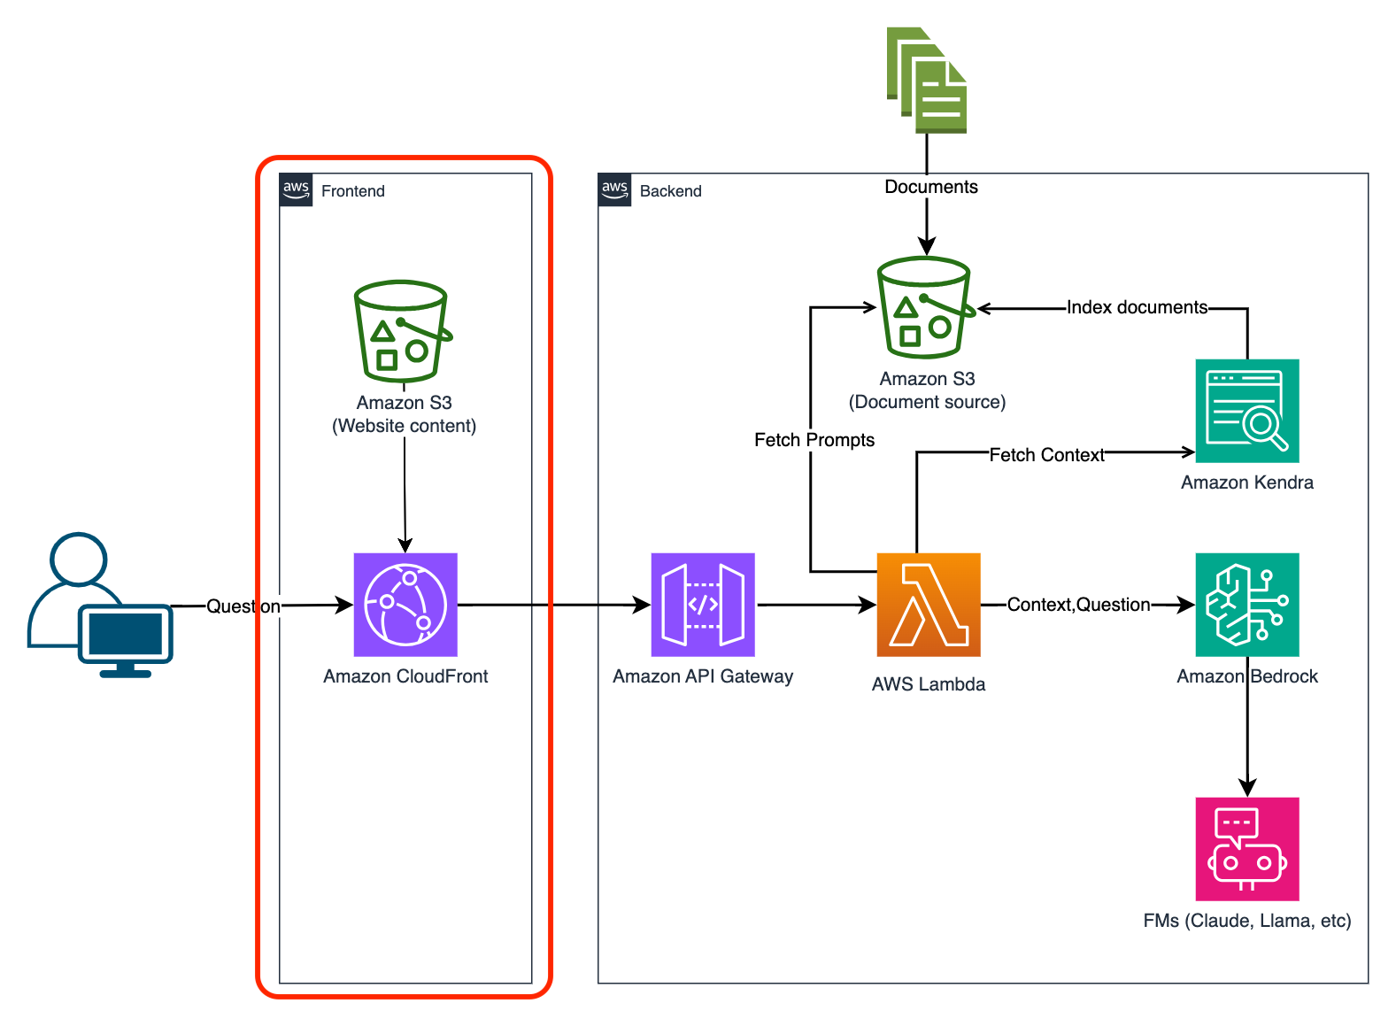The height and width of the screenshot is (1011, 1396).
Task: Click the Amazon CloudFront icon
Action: coord(405,605)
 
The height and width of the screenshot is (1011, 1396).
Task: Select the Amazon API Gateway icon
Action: coord(703,605)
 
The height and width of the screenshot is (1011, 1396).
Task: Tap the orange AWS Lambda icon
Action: coord(929,605)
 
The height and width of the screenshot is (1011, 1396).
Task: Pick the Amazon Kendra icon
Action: coord(1247,411)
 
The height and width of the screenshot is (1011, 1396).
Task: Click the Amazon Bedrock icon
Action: coord(1247,605)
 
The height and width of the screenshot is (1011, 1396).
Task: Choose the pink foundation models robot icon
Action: coord(1247,849)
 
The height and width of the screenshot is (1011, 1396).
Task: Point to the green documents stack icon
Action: coord(927,81)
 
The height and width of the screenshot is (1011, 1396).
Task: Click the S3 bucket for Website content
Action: coord(403,331)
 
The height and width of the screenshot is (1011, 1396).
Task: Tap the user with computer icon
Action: coord(100,606)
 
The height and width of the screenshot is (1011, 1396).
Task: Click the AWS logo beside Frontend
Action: coord(296,190)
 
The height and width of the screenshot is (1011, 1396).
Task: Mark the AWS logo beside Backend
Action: coord(614,190)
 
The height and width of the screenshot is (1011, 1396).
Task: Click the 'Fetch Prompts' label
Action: coord(814,440)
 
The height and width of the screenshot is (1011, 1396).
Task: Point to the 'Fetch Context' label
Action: coord(1046,455)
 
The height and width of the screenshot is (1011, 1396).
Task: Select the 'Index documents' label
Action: coord(1137,307)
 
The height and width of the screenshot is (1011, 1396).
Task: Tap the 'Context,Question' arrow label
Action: coord(1078,605)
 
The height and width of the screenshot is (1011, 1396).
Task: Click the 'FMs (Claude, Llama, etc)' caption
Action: coord(1247,921)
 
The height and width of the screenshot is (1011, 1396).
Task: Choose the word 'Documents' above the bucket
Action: coord(931,187)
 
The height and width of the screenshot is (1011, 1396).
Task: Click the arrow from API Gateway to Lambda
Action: coord(815,606)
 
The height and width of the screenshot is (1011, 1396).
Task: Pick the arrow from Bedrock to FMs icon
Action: coord(1247,735)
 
